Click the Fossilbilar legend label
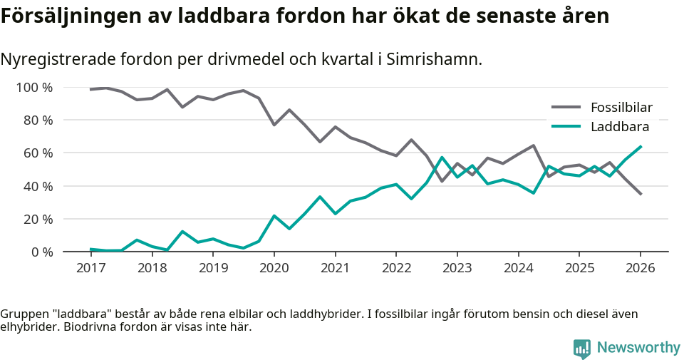coord(621,108)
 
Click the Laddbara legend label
coord(619,127)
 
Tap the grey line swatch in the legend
coord(566,108)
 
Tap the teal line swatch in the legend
coord(566,127)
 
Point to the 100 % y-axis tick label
coord(35,88)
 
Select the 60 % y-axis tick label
coord(38,153)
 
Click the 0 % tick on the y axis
coord(41,252)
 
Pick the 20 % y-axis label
coord(38,219)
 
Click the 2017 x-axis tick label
coord(90,268)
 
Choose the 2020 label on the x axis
coord(274,268)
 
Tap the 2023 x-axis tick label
coord(457,268)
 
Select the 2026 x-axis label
coord(640,268)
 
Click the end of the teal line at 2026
coord(641,147)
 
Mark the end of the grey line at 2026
coord(641,194)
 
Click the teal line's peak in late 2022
coord(442,158)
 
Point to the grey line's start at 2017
coord(91,89)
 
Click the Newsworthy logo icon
coord(582,348)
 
